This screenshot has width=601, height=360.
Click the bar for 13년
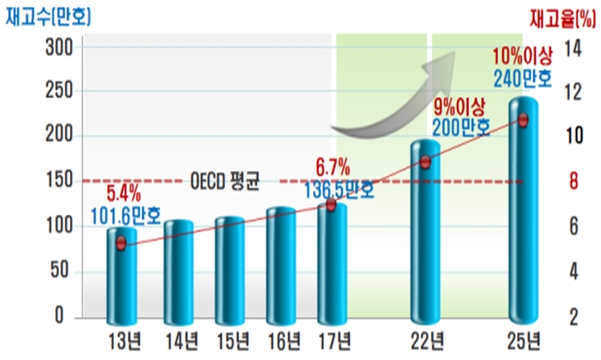121,277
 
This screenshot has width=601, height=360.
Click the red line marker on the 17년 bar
331,205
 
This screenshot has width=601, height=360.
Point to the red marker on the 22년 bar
425,162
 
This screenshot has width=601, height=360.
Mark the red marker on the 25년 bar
523,120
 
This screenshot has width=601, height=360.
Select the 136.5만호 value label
339,190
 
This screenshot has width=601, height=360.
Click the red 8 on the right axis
574,180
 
